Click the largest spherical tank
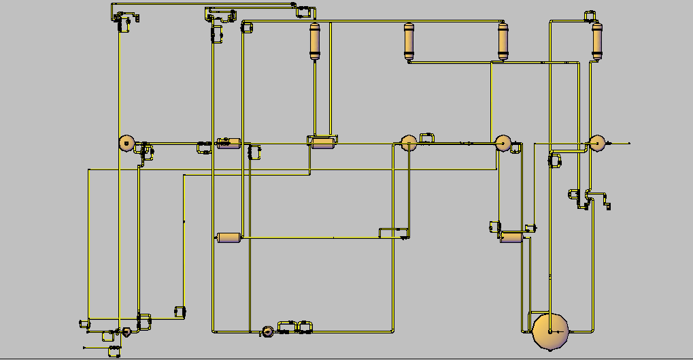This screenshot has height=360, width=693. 550,331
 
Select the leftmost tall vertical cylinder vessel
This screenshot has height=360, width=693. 314,42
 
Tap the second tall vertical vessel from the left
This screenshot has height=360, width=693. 409,42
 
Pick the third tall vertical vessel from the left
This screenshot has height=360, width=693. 503,42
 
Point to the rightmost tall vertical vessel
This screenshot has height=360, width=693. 596,42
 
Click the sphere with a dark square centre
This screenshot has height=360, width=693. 126,143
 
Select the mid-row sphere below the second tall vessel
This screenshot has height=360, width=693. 408,143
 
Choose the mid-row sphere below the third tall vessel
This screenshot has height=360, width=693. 503,143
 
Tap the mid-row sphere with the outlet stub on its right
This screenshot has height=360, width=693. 596,143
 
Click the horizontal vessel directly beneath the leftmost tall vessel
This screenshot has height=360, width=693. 322,142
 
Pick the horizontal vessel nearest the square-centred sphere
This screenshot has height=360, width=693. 229,144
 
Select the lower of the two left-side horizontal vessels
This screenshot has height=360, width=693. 229,238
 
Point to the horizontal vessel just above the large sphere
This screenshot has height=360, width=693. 511,238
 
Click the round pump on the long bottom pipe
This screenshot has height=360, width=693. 267,331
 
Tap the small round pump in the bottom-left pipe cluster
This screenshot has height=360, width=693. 126,332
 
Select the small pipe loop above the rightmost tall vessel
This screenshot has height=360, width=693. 589,14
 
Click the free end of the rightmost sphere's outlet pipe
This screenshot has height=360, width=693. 629,143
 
